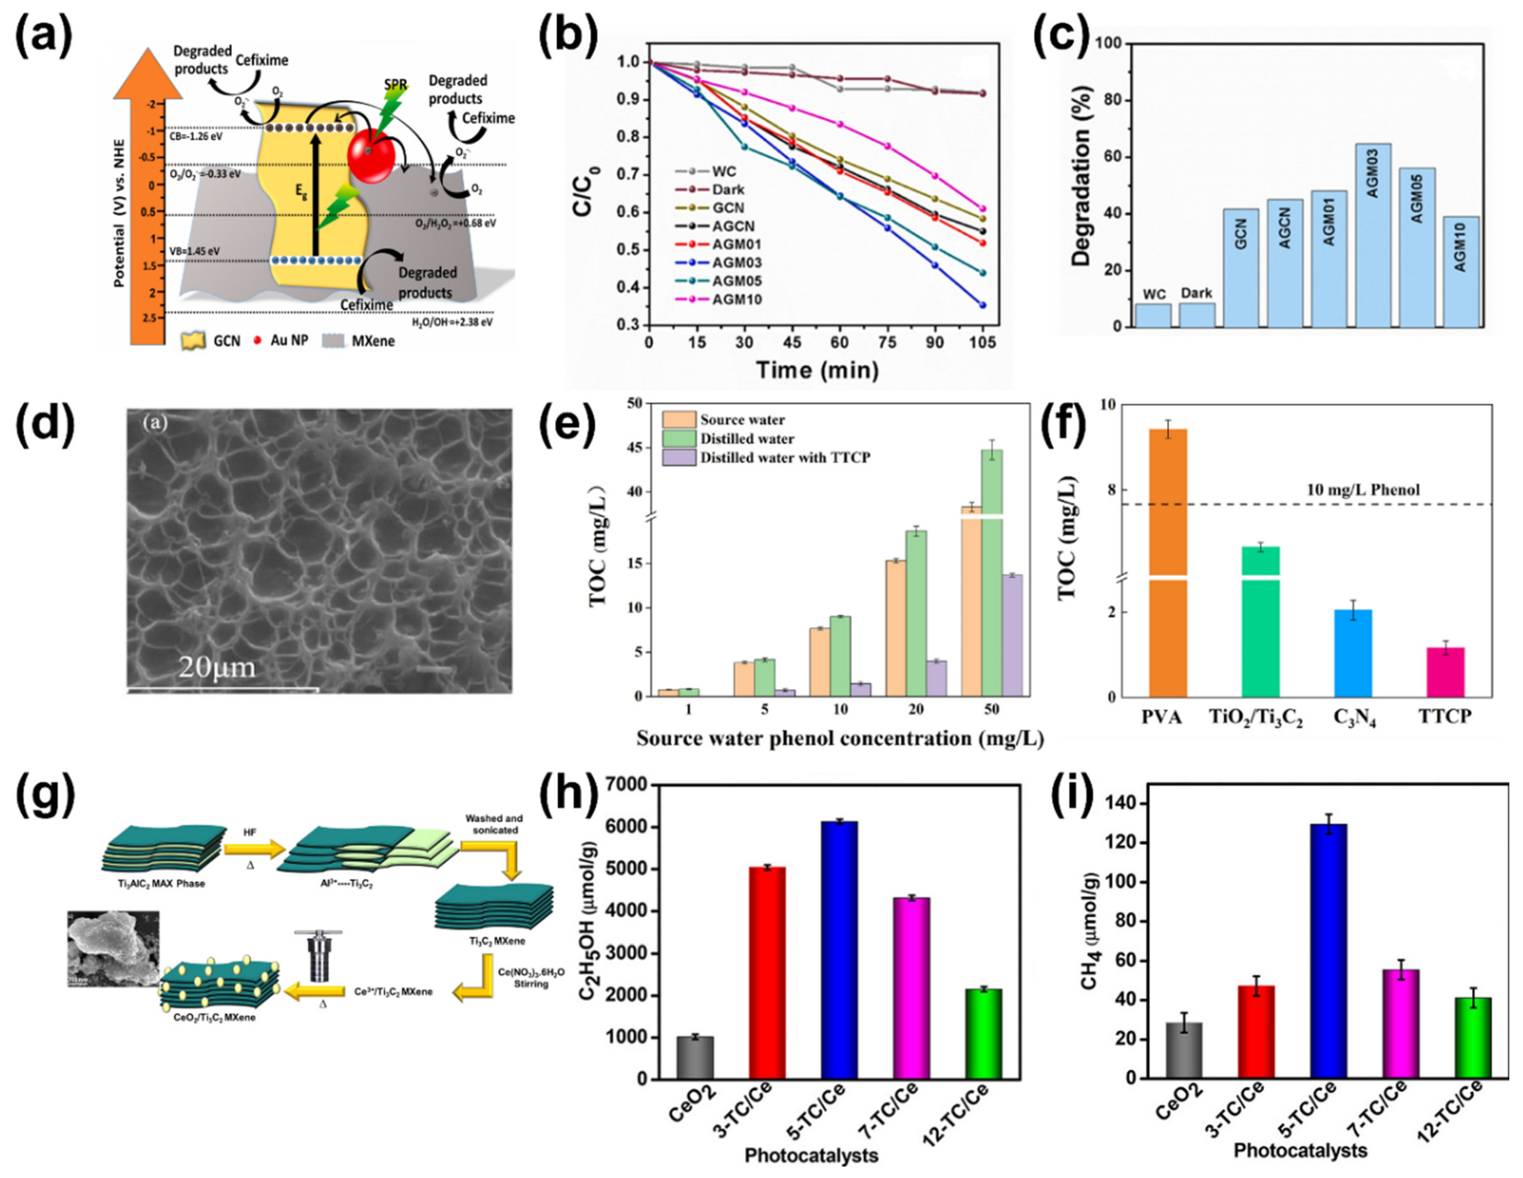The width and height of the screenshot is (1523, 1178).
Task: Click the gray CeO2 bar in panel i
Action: point(1184,1050)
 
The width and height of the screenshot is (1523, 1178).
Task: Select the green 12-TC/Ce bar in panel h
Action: point(983,1033)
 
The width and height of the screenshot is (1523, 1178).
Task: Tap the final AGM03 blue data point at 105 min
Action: point(983,305)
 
